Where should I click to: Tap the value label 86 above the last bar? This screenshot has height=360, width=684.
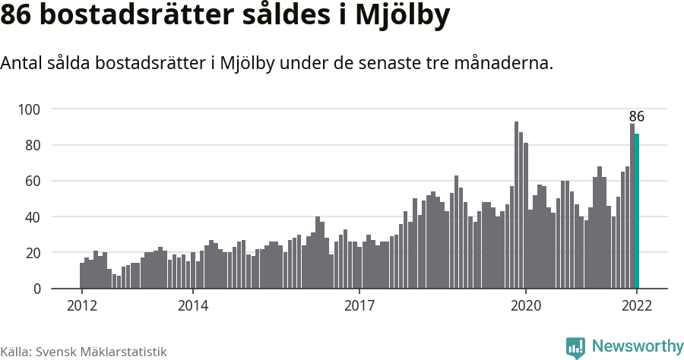click(x=637, y=116)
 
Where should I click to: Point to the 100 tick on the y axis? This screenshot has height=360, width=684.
click(x=29, y=109)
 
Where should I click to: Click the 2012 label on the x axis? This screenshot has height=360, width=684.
click(x=81, y=306)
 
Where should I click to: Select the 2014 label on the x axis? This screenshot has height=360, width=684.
click(x=193, y=306)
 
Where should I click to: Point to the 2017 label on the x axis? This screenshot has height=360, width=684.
click(x=359, y=306)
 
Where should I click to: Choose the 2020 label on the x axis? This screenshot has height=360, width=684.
click(x=526, y=306)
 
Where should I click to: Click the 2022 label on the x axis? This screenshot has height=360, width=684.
click(x=637, y=306)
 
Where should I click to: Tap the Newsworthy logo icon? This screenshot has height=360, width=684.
click(x=575, y=347)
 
